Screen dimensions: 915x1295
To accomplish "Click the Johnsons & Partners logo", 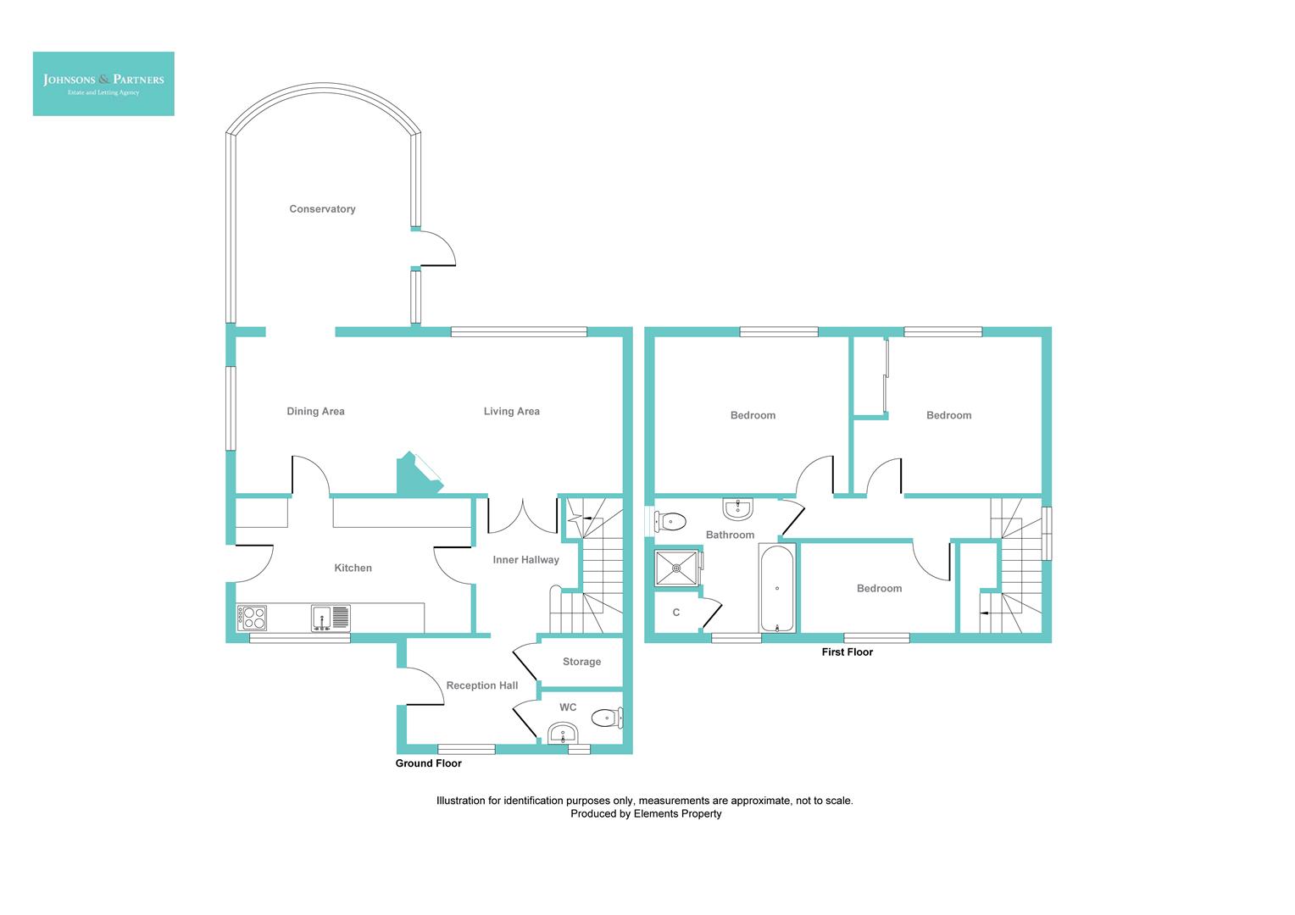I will pos(103,83).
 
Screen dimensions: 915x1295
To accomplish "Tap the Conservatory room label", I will pos(322,209).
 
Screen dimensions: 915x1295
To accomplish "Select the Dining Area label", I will pos(315,412).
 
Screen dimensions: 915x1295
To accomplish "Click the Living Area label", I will pos(511,412).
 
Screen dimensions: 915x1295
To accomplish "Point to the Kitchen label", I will pos(353,568).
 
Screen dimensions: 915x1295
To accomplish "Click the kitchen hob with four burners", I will pos(253,618).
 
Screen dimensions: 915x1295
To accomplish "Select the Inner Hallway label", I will pos(525,560).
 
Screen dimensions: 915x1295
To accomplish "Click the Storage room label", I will pos(581,662).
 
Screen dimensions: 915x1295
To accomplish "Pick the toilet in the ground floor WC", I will pos(606,718).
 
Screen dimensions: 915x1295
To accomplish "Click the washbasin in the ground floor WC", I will pos(562,732).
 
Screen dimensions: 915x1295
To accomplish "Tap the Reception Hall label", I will pos(481,685).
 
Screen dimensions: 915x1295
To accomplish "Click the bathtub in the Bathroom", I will pos(777,589).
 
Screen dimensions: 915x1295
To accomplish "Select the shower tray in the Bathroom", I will pos(677,568).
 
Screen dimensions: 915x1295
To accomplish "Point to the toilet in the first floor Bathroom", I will pos(671,520).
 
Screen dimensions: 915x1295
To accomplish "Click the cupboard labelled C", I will pos(676,613).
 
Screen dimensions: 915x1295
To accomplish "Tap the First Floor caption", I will pos(847,652).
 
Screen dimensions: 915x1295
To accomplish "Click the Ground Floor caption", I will pos(428,763).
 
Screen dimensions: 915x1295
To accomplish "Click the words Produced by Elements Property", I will pos(646,814).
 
